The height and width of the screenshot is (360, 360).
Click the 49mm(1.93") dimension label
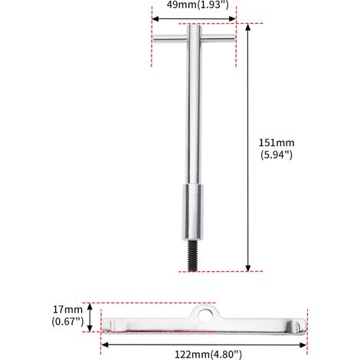[x=198, y=5]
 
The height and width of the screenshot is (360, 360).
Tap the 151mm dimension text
[x=277, y=142]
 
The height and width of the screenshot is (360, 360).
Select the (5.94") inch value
[x=277, y=155]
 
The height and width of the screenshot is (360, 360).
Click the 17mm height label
[x=67, y=309]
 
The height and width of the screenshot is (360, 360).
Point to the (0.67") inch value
[x=67, y=322]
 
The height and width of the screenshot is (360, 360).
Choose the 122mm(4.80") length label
[x=208, y=355]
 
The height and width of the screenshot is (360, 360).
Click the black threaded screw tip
[x=193, y=256]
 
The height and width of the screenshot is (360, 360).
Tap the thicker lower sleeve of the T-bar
[x=193, y=212]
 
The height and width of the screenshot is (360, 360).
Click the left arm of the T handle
[x=169, y=39]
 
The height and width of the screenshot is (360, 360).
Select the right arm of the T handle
[x=218, y=38]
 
